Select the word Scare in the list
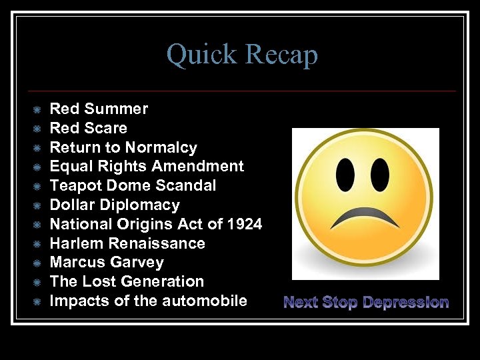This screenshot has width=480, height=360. coord(107,128)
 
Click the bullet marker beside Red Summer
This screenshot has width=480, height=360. coord(37,109)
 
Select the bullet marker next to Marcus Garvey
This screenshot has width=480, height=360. coord(37,263)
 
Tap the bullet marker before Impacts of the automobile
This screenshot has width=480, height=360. coord(37,301)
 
